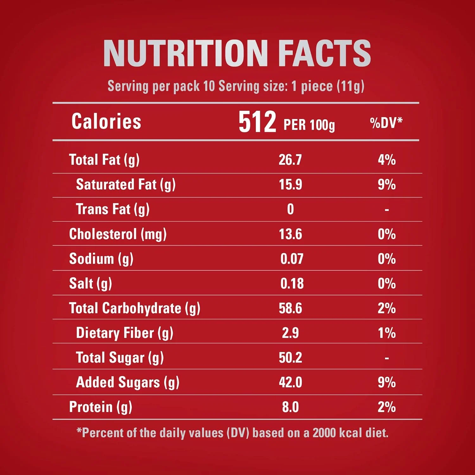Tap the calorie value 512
[x=257, y=122]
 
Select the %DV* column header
[x=386, y=123]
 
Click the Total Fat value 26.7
[x=290, y=160]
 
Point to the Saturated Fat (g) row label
[x=126, y=185]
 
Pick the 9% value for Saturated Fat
[x=386, y=185]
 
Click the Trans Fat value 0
[x=290, y=209]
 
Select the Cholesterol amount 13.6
[x=290, y=234]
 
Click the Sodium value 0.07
[x=292, y=259]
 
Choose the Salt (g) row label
[x=91, y=284]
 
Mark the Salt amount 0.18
[x=292, y=284]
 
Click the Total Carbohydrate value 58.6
[x=290, y=308]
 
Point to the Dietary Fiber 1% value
[x=386, y=333]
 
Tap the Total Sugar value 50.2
[x=290, y=358]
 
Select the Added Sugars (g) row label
[x=128, y=383]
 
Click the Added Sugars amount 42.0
[x=290, y=383]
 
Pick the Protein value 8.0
[x=290, y=407]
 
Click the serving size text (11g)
[x=351, y=86]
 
